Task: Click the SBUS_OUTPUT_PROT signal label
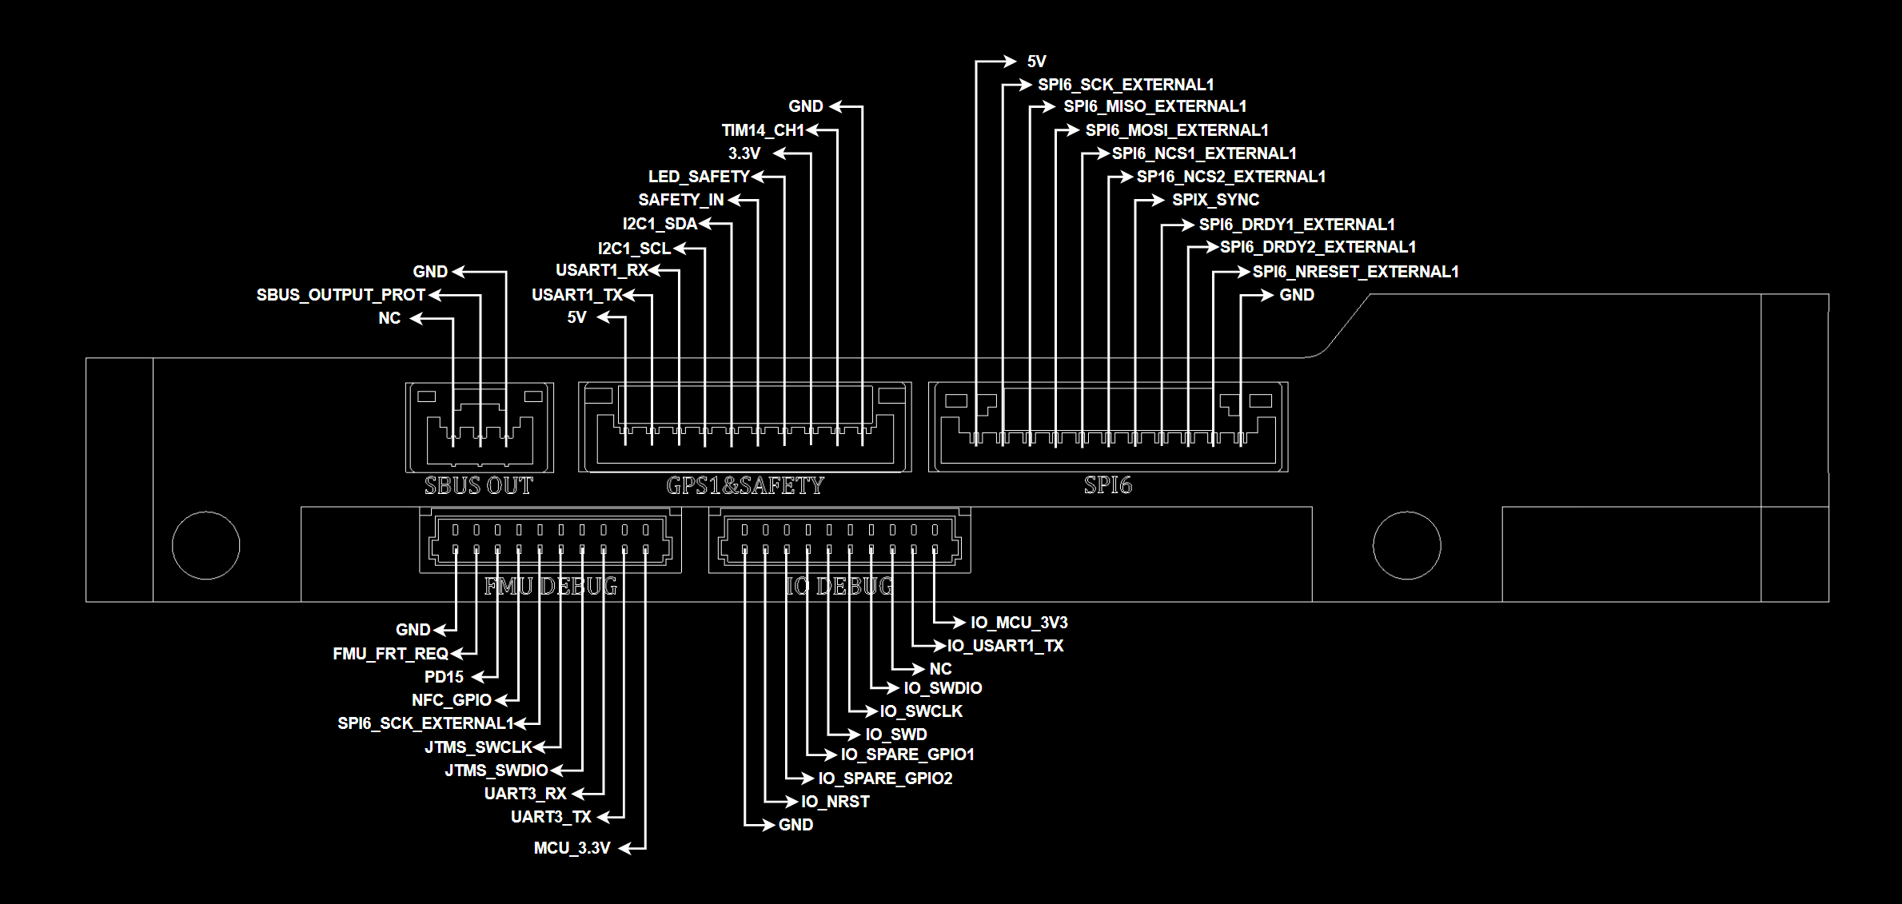click(341, 295)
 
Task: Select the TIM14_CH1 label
click(763, 130)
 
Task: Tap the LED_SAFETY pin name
click(699, 177)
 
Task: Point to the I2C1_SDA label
click(660, 225)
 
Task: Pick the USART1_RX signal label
click(601, 271)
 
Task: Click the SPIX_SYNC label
click(1215, 200)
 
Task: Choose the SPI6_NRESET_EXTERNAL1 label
click(1355, 272)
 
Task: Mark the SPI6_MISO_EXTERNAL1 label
click(1154, 106)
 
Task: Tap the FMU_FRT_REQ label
click(390, 654)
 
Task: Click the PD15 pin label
click(444, 677)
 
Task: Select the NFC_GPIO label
click(452, 700)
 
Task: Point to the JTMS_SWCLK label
click(478, 747)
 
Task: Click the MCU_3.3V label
click(572, 848)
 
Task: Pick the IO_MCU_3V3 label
click(1019, 623)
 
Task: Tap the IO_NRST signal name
click(835, 802)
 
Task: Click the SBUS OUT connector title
click(478, 485)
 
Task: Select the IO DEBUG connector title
click(839, 587)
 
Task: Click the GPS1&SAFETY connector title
click(745, 485)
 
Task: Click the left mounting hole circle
click(206, 545)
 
